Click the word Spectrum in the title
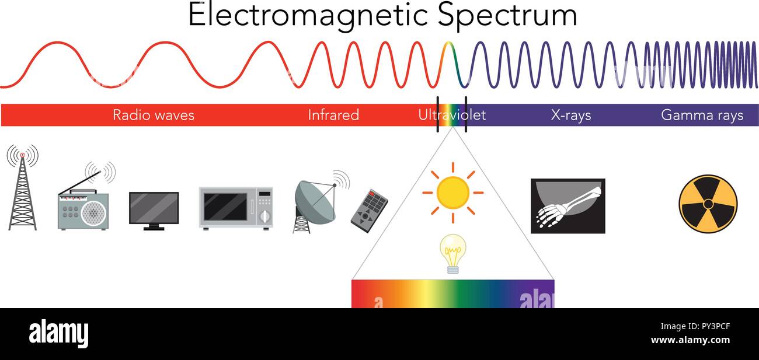507,16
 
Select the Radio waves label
153,115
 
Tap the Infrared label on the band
333,115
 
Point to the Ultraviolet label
451,115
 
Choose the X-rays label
571,115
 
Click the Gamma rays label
702,115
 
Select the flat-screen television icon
154,209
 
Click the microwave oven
236,208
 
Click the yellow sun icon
452,192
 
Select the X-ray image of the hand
567,206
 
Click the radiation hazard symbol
708,204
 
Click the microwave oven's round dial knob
264,216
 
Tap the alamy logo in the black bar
58,334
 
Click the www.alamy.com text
690,341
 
